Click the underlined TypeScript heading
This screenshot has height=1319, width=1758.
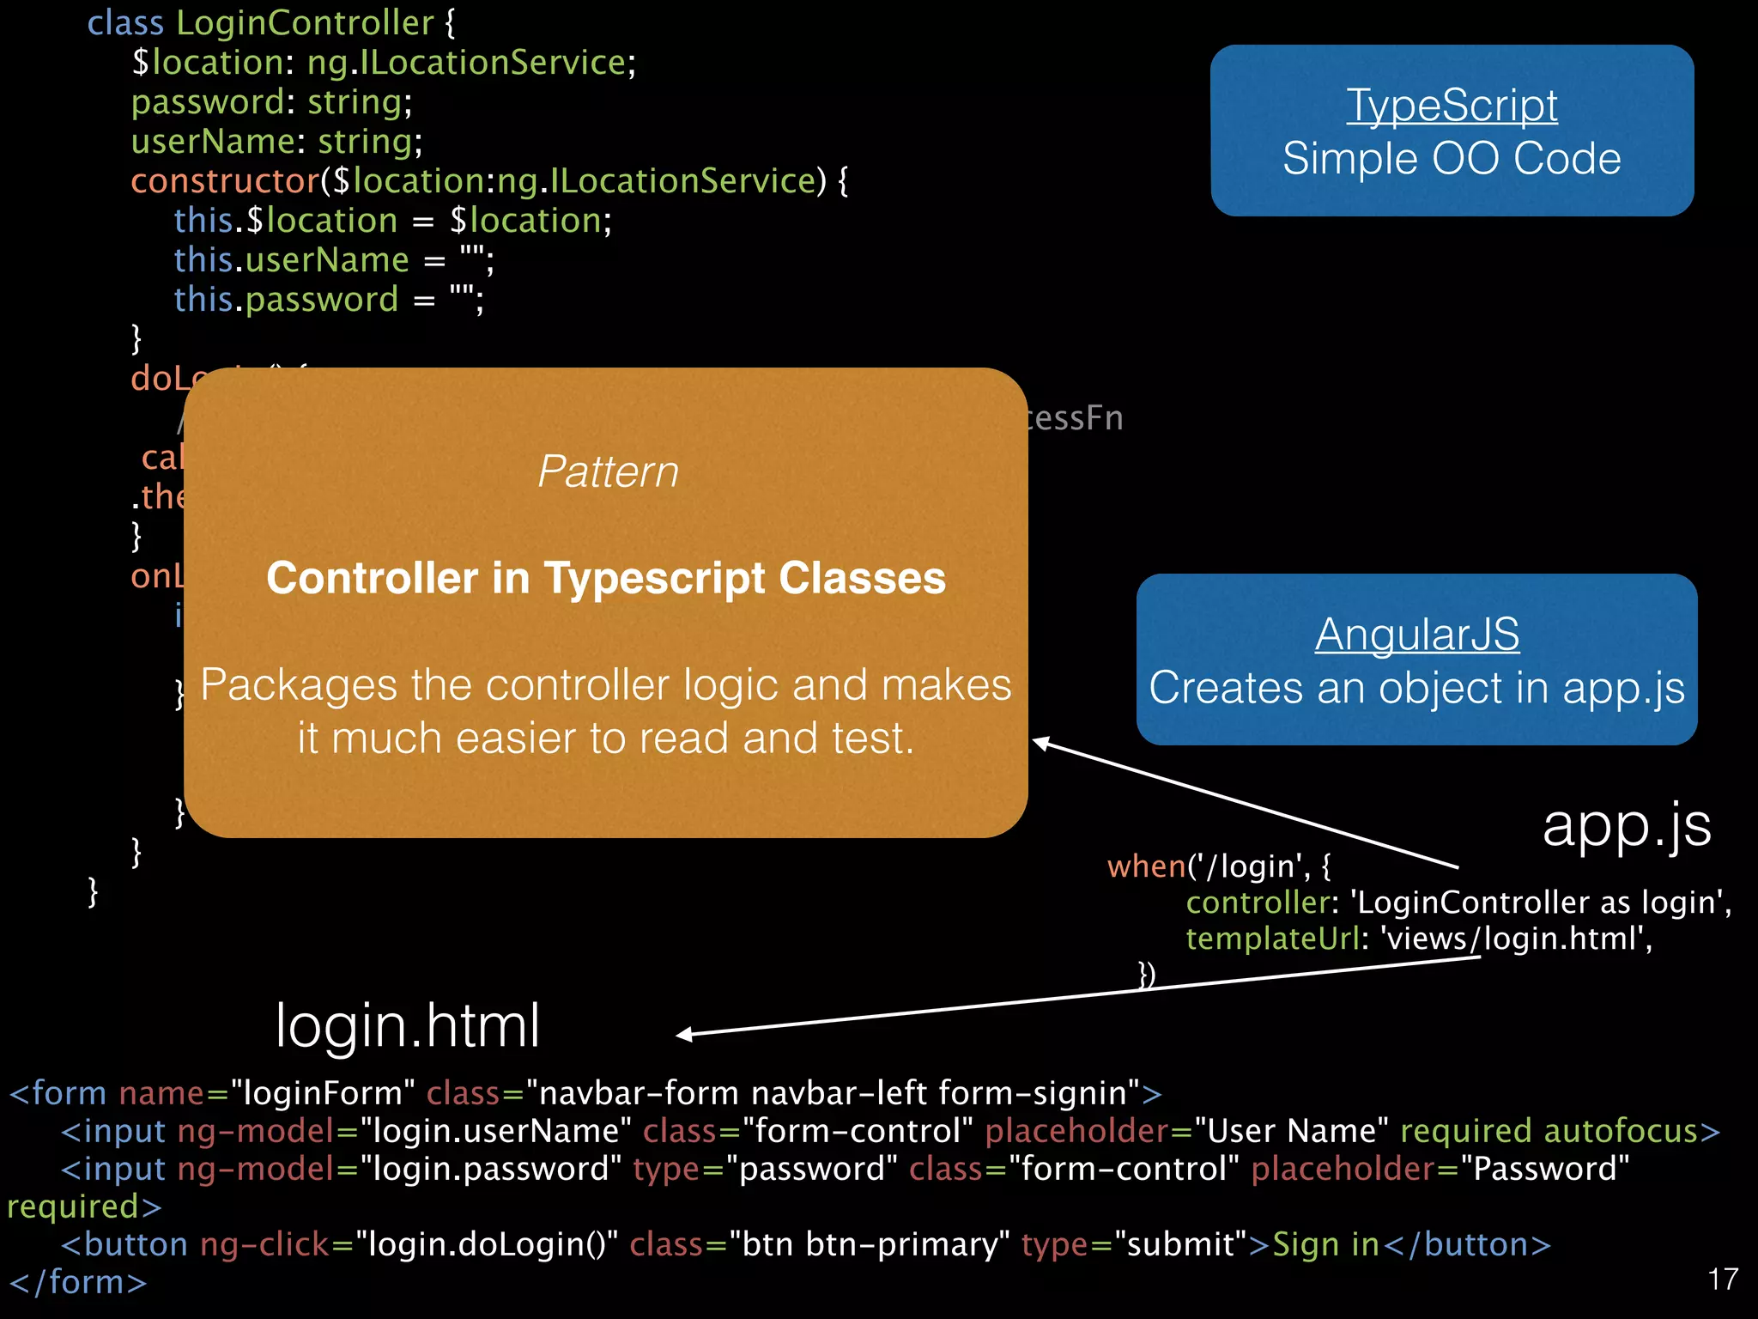pos(1451,106)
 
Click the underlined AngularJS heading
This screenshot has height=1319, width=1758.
pos(1416,635)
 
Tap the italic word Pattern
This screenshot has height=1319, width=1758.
pos(608,471)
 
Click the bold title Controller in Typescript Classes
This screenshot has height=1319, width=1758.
pos(606,578)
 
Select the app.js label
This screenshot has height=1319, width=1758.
pos(1626,826)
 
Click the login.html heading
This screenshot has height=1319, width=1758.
pos(407,1025)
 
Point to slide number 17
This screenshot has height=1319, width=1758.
pos(1722,1279)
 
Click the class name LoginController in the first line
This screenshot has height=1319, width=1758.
pos(305,23)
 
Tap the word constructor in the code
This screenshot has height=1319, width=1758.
pos(225,181)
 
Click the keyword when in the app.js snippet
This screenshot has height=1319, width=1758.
pos(1146,866)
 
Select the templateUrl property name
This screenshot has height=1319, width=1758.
pos(1272,939)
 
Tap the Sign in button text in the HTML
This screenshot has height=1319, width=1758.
pos(1325,1244)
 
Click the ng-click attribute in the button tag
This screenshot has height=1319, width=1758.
pos(264,1244)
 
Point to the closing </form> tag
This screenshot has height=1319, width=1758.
pos(77,1282)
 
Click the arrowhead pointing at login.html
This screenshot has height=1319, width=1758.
pos(685,1035)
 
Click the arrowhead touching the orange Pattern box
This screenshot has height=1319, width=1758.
pos(1040,742)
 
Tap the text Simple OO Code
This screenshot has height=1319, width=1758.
pos(1451,159)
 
